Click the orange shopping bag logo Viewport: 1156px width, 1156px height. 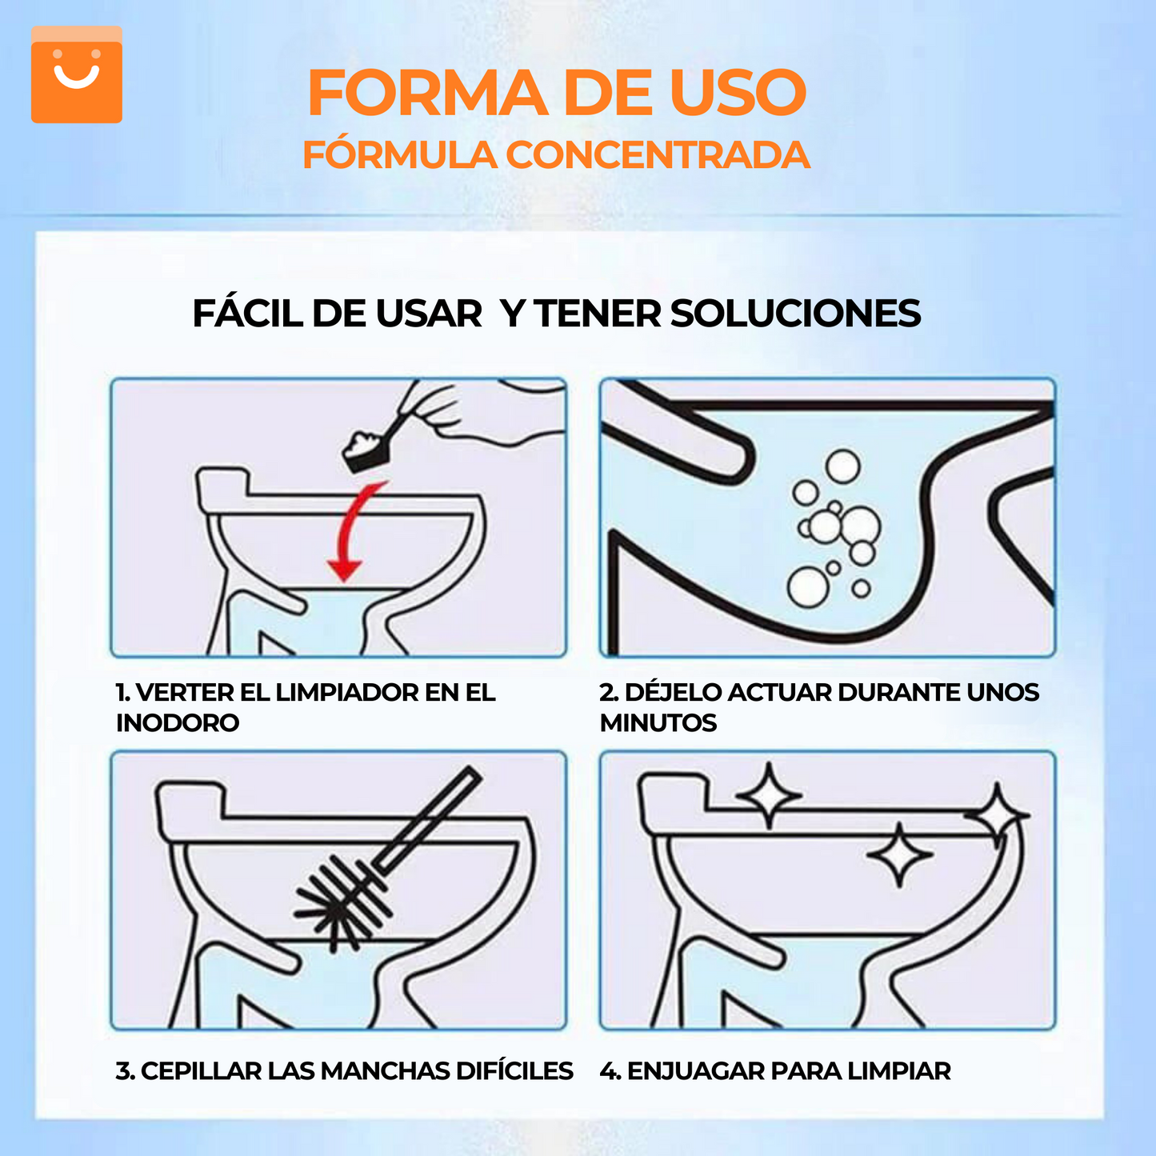coord(77,74)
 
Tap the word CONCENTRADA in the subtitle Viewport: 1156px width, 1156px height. coord(658,155)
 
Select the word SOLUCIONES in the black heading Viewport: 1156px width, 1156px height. coord(795,314)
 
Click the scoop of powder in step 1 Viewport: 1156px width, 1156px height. coord(366,449)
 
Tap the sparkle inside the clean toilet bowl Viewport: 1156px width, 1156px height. coord(899,855)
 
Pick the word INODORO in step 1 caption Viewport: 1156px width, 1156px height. coord(178,723)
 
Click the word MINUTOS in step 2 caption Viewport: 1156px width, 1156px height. coord(658,723)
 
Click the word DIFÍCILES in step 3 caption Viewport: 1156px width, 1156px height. coord(514,1071)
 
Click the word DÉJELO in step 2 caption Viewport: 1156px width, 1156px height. coord(673,693)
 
